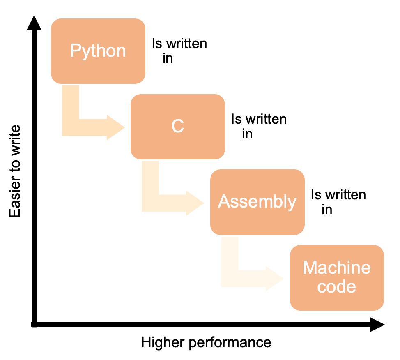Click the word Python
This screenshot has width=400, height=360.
click(x=98, y=51)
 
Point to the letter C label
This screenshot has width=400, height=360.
click(x=177, y=126)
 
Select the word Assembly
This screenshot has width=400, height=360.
click(x=257, y=201)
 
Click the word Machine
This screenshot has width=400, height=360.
click(x=337, y=268)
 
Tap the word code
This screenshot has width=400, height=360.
click(x=337, y=286)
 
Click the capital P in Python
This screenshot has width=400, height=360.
click(x=75, y=51)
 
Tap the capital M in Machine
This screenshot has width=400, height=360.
click(x=310, y=268)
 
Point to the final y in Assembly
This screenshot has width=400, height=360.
click(x=292, y=203)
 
